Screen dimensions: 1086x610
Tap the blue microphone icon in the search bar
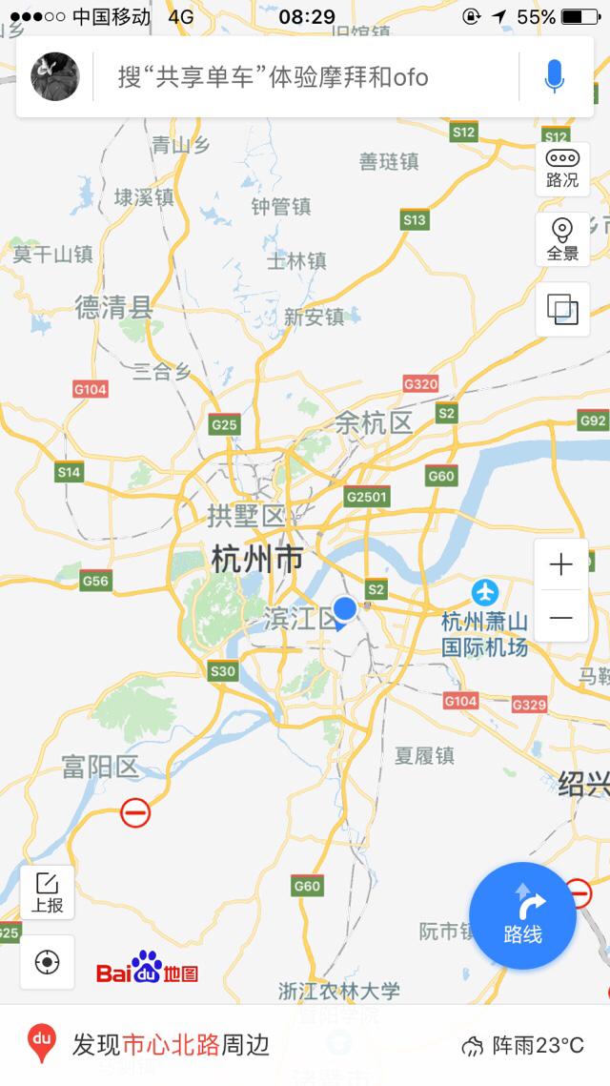pyautogui.click(x=554, y=76)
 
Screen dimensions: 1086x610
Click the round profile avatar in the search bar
pyautogui.click(x=55, y=76)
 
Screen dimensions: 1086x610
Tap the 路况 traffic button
pyautogui.click(x=562, y=169)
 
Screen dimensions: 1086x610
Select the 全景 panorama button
pyautogui.click(x=562, y=239)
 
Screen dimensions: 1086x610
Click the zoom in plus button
pyautogui.click(x=561, y=565)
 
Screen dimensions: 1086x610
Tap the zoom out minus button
pyautogui.click(x=561, y=618)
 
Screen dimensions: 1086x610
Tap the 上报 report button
pyautogui.click(x=47, y=892)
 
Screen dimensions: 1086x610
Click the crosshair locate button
pyautogui.click(x=47, y=962)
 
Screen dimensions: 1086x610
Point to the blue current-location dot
pyautogui.click(x=345, y=607)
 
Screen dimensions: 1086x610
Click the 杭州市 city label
pyautogui.click(x=256, y=559)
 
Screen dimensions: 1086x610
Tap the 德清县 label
pyautogui.click(x=114, y=307)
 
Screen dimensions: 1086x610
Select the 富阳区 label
pyautogui.click(x=100, y=767)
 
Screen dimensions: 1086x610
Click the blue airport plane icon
pyautogui.click(x=485, y=591)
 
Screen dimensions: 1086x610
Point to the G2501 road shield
pyautogui.click(x=367, y=497)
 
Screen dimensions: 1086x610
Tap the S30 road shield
pyautogui.click(x=222, y=671)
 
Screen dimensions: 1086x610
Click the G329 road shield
pyautogui.click(x=529, y=705)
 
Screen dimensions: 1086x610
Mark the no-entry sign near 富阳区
pyautogui.click(x=135, y=812)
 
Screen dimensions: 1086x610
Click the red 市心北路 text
pyautogui.click(x=172, y=1045)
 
